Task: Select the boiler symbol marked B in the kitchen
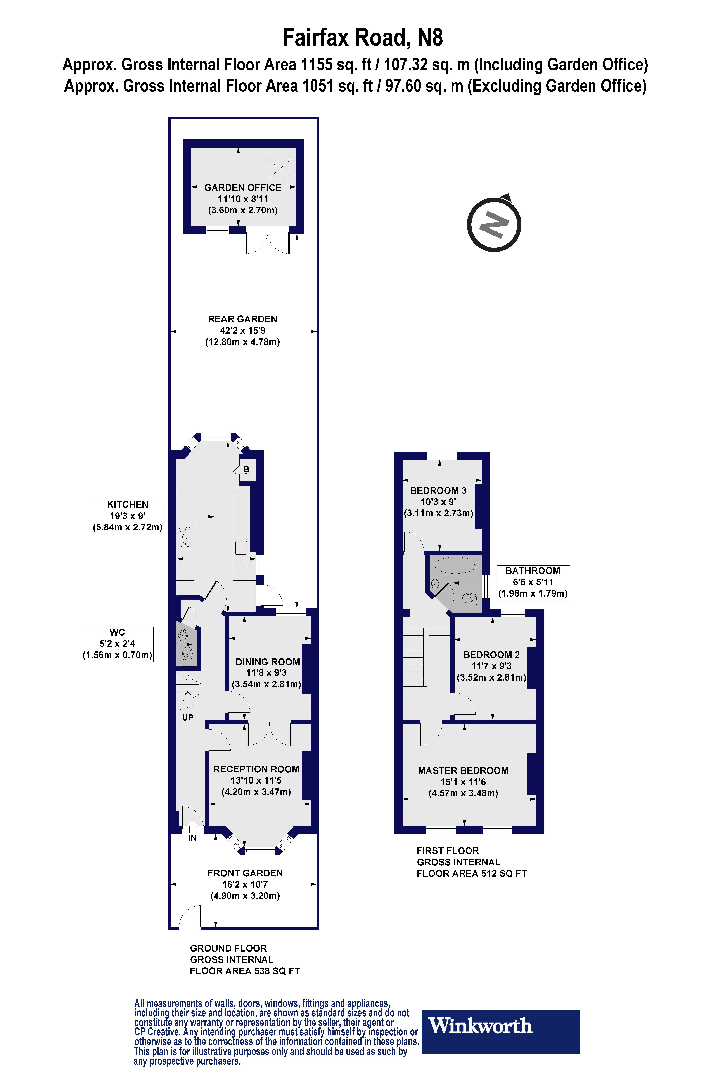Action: pyautogui.click(x=246, y=469)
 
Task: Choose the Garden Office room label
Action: pyautogui.click(x=243, y=187)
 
